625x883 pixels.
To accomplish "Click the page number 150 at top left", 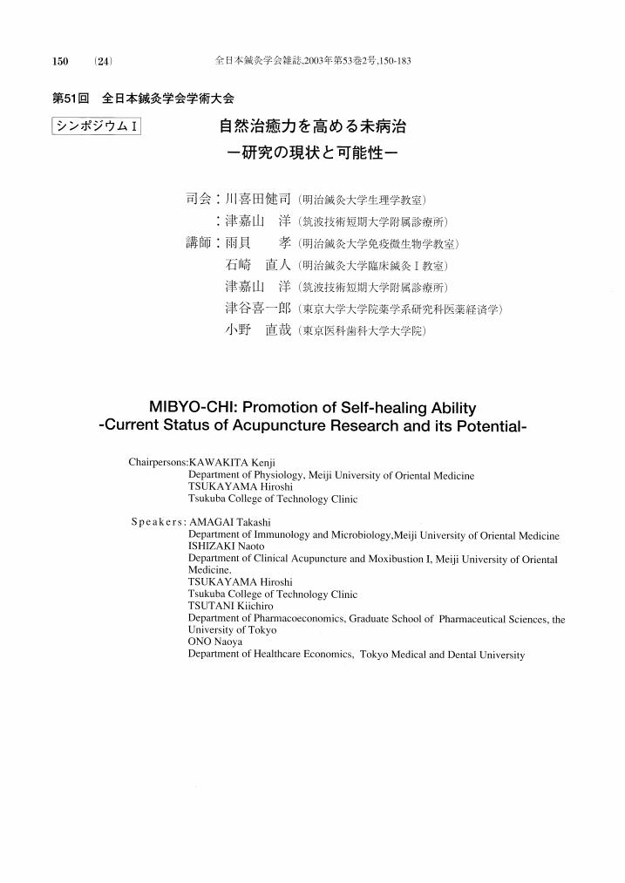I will click(60, 61).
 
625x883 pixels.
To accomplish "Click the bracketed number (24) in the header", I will click(104, 61).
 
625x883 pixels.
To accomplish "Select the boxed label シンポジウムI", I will click(97, 126).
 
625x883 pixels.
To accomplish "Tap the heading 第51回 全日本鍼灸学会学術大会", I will click(144, 98).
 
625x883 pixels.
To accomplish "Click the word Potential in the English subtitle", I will click(486, 426).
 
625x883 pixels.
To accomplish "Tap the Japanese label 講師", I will click(198, 242).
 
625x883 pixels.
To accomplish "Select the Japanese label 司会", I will click(198, 199).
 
